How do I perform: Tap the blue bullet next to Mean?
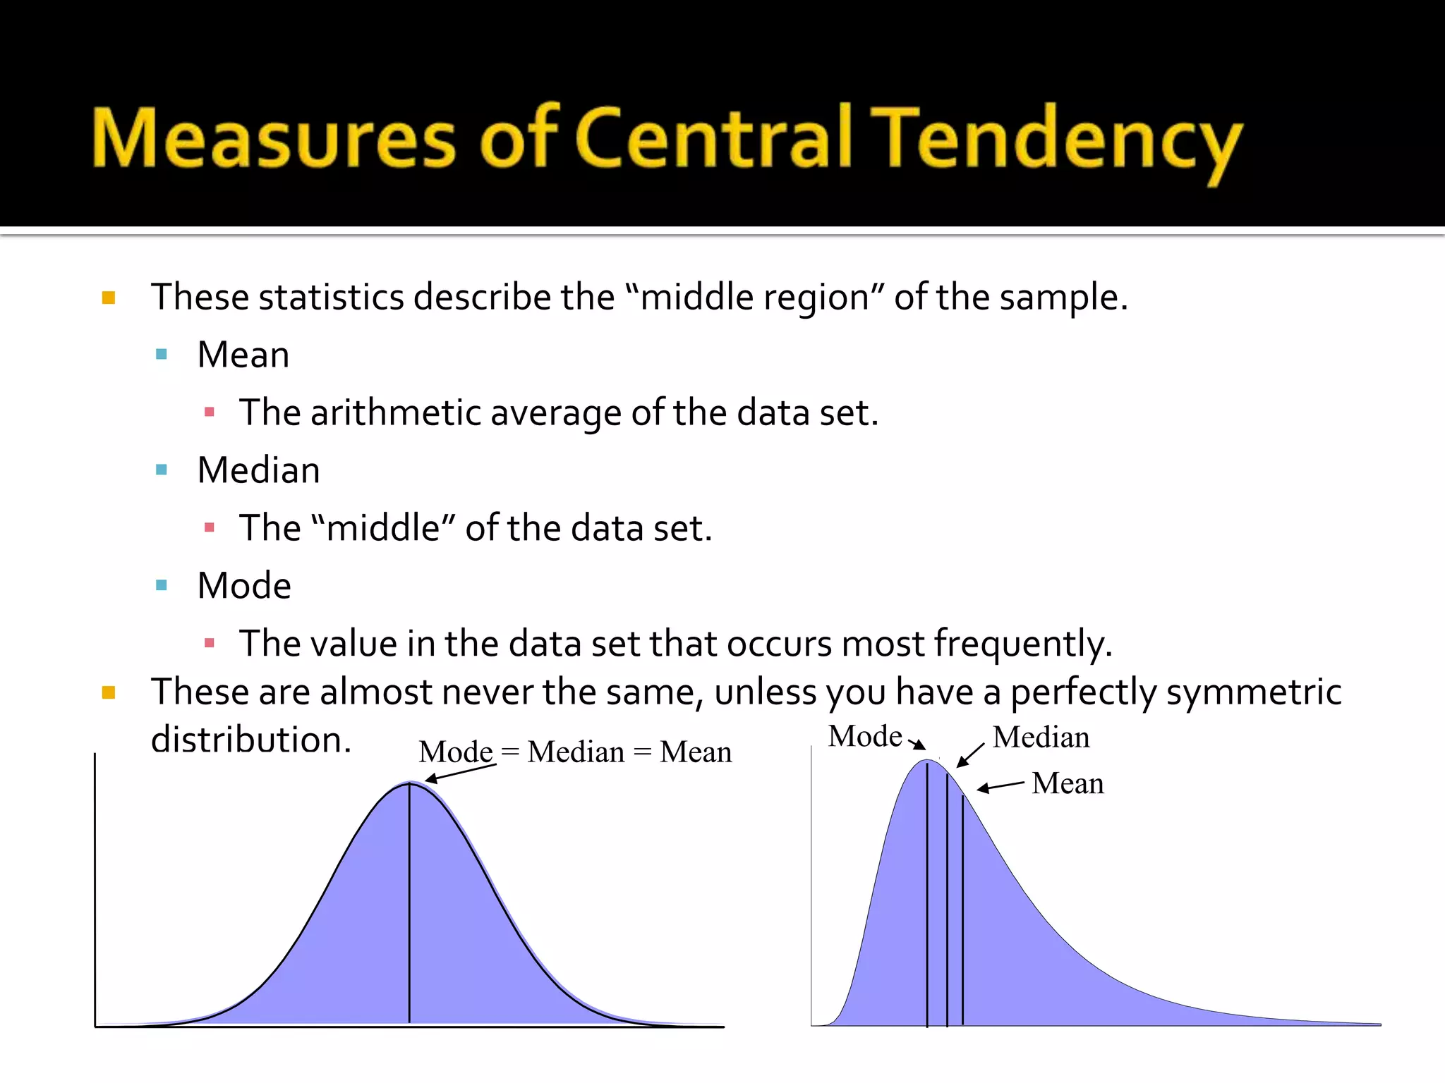coord(162,355)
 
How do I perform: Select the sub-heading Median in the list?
coord(258,470)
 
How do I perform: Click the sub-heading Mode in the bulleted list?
coord(244,586)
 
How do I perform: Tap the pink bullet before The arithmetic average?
coord(209,412)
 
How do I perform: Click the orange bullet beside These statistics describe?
coord(109,298)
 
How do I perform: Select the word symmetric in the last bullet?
coord(1253,692)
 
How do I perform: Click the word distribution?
coord(250,740)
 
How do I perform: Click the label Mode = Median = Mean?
coord(575,752)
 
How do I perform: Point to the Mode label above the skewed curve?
coord(865,737)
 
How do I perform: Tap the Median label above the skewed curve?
coord(1041,738)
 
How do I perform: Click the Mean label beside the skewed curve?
coord(1068,784)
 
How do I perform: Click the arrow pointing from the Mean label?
coord(1000,787)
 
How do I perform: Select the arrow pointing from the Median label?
coord(970,755)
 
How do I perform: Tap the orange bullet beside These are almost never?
coord(109,692)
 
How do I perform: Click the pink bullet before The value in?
coord(209,643)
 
